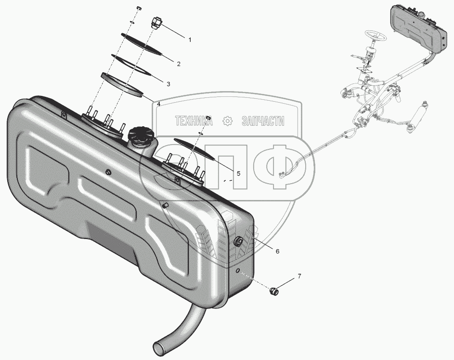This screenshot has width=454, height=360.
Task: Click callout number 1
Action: (x=190, y=40)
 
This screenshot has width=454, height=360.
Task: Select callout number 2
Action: (x=179, y=64)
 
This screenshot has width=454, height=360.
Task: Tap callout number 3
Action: (x=168, y=84)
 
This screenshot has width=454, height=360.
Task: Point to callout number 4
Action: (x=159, y=104)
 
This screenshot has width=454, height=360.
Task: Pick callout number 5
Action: (x=238, y=173)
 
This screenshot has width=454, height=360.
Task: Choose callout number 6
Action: (x=277, y=251)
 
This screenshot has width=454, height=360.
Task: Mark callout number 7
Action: (x=299, y=276)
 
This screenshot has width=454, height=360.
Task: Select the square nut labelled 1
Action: (x=156, y=22)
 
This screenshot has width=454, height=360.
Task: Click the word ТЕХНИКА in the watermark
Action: (x=194, y=121)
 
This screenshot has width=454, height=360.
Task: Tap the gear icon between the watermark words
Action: (x=227, y=121)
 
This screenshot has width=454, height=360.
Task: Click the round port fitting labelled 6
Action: (x=238, y=241)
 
